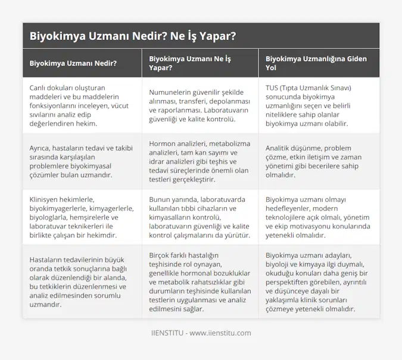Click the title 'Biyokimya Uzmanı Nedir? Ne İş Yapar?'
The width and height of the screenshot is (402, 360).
132,36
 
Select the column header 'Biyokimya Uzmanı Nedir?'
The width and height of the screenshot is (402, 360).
73,63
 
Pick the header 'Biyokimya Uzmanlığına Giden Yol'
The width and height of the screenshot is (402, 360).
316,63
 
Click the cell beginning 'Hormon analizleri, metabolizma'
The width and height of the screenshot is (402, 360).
196,161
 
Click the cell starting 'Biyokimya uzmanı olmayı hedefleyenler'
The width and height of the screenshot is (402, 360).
316,218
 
